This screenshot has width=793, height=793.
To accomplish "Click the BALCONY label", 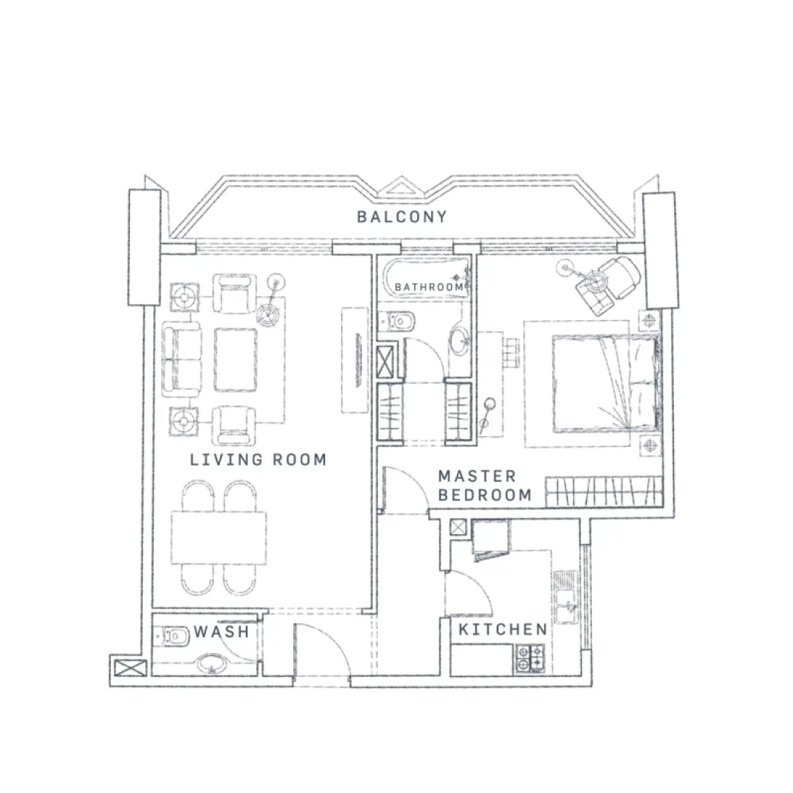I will click(402, 216).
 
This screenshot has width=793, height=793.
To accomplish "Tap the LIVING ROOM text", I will click(257, 459).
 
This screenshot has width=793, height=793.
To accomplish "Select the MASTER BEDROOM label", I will click(484, 486).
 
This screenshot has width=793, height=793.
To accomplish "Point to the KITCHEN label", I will click(502, 629).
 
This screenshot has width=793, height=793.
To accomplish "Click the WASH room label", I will click(221, 632).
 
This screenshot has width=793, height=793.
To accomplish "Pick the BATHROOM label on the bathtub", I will click(428, 287).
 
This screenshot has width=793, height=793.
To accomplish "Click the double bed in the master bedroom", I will click(604, 383).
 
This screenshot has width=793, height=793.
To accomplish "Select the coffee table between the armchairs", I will click(235, 358).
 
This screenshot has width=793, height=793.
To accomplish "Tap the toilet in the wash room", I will click(170, 637).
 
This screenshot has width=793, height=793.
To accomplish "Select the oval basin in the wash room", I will click(211, 662).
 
